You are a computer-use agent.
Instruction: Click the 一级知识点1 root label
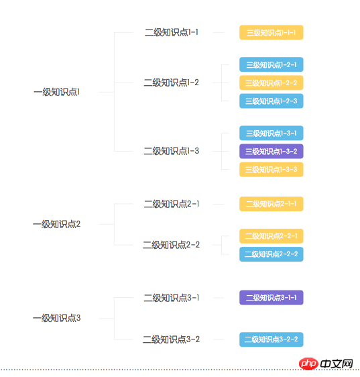pyautogui.click(x=57, y=92)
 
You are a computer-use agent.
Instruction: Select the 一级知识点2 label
pyautogui.click(x=57, y=224)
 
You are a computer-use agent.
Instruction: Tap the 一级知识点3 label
pyautogui.click(x=57, y=319)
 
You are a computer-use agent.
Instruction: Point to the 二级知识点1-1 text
pyautogui.click(x=172, y=32)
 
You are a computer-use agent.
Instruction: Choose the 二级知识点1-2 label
pyautogui.click(x=172, y=83)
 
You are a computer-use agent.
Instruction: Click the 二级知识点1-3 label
pyautogui.click(x=172, y=151)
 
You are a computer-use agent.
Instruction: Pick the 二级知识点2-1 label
pyautogui.click(x=172, y=204)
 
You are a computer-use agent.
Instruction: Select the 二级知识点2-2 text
pyautogui.click(x=172, y=245)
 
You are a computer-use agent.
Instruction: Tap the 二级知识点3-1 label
pyautogui.click(x=172, y=298)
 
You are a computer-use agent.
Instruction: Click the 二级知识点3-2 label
pyautogui.click(x=172, y=339)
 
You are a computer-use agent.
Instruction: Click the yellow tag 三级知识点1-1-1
pyautogui.click(x=272, y=32)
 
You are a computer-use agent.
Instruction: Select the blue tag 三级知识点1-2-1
pyautogui.click(x=272, y=64)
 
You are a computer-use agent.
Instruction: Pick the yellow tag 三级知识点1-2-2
pyautogui.click(x=272, y=83)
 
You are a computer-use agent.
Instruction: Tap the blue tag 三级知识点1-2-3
pyautogui.click(x=272, y=101)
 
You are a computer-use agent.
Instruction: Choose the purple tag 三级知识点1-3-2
pyautogui.click(x=272, y=151)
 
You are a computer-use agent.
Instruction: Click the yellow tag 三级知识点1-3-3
pyautogui.click(x=272, y=170)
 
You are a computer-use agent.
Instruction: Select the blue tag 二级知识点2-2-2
pyautogui.click(x=272, y=254)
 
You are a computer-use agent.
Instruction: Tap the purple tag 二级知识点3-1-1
pyautogui.click(x=272, y=298)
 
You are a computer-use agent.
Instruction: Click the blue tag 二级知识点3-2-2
pyautogui.click(x=272, y=339)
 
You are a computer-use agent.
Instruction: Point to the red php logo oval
pyautogui.click(x=309, y=364)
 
